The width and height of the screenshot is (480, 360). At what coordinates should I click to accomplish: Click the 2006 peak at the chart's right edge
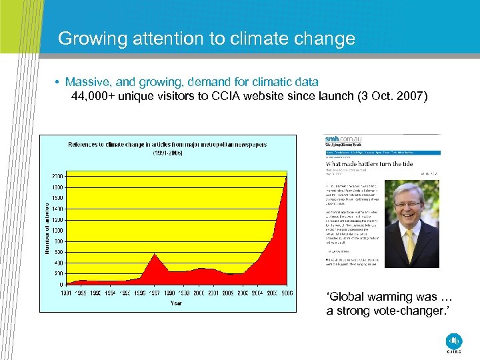coord(286,177)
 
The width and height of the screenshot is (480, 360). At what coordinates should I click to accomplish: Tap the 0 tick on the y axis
coord(61,284)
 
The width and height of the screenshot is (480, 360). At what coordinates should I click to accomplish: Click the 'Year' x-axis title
coord(176,303)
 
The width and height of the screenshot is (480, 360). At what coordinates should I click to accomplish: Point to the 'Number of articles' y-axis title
coord(47,229)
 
